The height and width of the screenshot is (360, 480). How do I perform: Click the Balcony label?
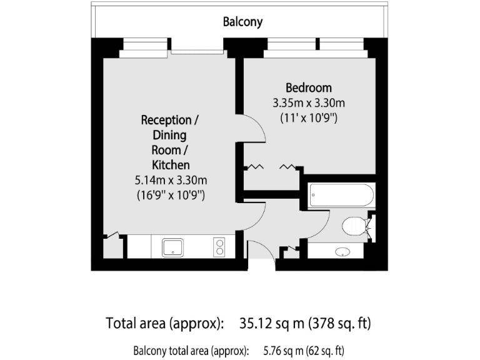pyautogui.click(x=243, y=22)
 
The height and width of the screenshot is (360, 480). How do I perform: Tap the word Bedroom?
pyautogui.click(x=309, y=88)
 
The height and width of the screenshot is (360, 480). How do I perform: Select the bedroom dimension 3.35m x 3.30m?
pyautogui.click(x=309, y=102)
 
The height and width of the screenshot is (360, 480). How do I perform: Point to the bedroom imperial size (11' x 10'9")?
pyautogui.click(x=309, y=117)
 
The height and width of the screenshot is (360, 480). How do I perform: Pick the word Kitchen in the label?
pyautogui.click(x=171, y=165)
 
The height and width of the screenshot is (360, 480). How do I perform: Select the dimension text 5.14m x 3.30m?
pyautogui.click(x=171, y=180)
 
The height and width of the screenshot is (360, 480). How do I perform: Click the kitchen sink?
pyautogui.click(x=172, y=247)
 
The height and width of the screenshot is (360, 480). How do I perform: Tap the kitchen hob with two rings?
pyautogui.click(x=219, y=247)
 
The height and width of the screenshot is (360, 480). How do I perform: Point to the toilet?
pyautogui.click(x=355, y=226)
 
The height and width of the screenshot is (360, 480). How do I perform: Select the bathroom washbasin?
pyautogui.click(x=342, y=252)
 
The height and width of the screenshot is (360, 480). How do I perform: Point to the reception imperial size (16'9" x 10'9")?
pyautogui.click(x=171, y=195)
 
